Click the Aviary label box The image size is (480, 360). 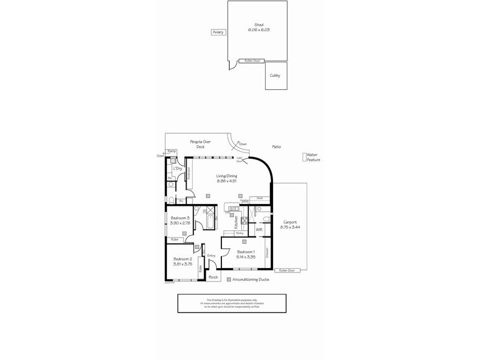(x=218, y=32)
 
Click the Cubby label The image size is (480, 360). (x=275, y=76)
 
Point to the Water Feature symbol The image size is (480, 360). (x=304, y=158)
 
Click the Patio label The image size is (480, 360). (x=277, y=146)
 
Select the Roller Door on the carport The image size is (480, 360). (x=288, y=270)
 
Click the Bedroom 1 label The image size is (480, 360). (x=246, y=251)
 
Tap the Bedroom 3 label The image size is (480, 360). (x=180, y=218)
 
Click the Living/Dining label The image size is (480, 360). (x=226, y=176)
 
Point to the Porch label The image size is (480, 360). (x=213, y=277)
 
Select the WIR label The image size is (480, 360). (x=259, y=229)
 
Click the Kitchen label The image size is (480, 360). (x=236, y=221)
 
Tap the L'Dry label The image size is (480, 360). (x=178, y=169)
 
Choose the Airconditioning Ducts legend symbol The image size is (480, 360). (x=228, y=280)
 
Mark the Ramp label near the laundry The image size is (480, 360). (x=171, y=151)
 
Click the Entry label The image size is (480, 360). (x=211, y=256)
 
